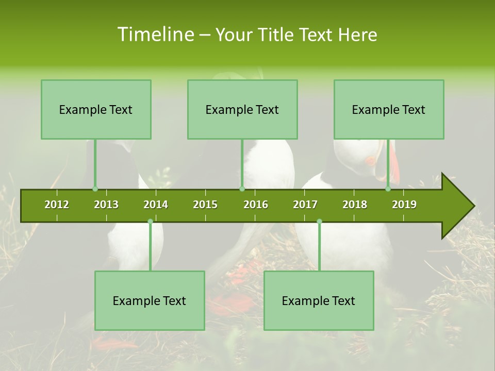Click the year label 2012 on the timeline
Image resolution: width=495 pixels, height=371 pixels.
(57, 205)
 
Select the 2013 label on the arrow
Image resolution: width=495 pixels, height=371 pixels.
(106, 205)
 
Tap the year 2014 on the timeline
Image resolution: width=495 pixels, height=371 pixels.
(156, 205)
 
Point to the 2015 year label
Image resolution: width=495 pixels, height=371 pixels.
(205, 205)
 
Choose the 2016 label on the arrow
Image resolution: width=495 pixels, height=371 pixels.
(256, 205)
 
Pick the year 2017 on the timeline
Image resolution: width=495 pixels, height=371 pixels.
(305, 205)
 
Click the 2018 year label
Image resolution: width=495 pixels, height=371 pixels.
(355, 205)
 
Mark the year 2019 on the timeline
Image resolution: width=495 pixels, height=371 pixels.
(404, 205)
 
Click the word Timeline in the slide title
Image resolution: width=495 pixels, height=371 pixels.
(155, 35)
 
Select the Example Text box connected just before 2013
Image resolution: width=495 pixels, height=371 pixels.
(96, 109)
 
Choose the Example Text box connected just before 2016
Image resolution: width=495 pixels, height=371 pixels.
(242, 109)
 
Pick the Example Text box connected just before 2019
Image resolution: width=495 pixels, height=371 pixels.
(389, 109)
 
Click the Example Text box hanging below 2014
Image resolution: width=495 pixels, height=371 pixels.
(150, 300)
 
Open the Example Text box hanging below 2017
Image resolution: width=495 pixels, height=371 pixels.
(319, 300)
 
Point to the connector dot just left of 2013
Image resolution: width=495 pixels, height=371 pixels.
(95, 189)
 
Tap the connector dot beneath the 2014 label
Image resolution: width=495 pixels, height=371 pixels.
(150, 221)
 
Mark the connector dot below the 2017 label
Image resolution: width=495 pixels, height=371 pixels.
(319, 221)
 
